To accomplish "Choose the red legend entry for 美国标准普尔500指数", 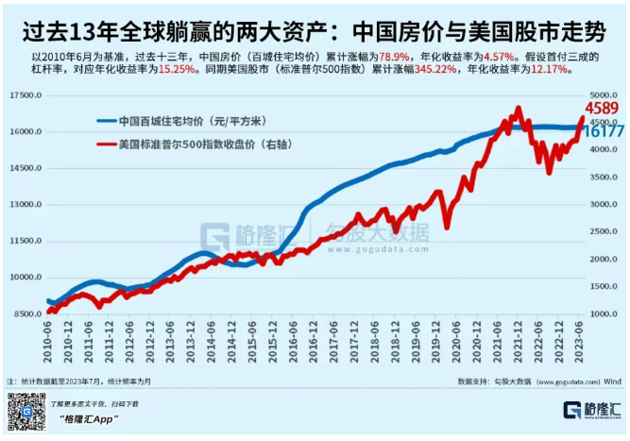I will pyautogui.click(x=194, y=144).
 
